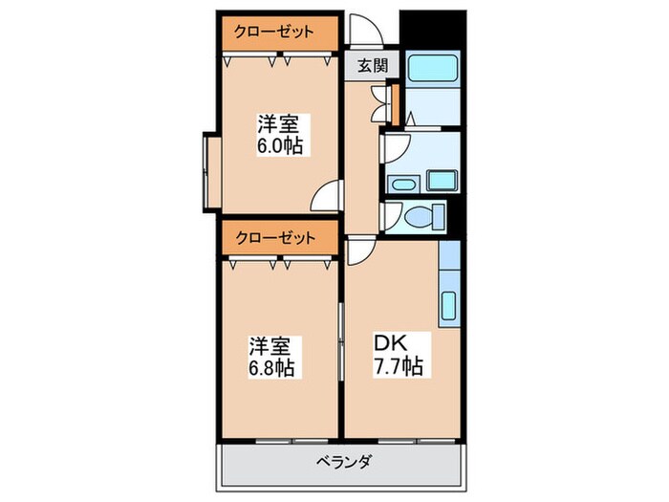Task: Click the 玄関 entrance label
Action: (373, 66)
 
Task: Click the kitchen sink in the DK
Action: (448, 306)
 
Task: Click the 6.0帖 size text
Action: (279, 146)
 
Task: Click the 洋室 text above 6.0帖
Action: (278, 124)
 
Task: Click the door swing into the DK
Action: (360, 251)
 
